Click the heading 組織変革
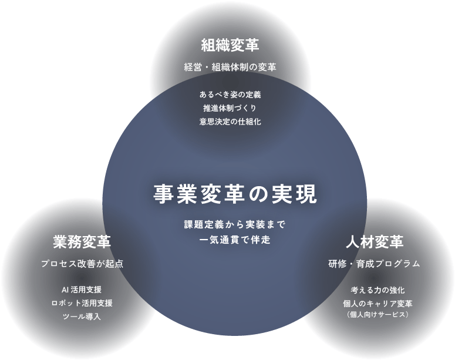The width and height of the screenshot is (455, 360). tap(230, 46)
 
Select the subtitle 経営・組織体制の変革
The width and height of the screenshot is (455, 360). tap(230, 68)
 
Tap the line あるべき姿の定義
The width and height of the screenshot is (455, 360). tap(230, 95)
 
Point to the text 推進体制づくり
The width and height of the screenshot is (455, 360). tap(230, 108)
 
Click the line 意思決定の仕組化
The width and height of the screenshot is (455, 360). tap(230, 122)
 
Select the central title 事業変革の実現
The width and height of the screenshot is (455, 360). tap(235, 194)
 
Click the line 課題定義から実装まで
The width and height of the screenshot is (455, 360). tap(235, 224)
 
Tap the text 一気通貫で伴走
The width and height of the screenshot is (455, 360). tap(235, 240)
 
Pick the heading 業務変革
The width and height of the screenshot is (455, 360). tap(82, 242)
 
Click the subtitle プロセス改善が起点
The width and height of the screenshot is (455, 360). tap(82, 264)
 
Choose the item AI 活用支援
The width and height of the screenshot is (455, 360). tap(82, 290)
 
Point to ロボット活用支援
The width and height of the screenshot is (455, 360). tap(82, 303)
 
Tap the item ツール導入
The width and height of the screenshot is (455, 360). tap(82, 317)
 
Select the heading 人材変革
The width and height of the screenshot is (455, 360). tap(375, 242)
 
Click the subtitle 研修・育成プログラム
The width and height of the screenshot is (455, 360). tap(375, 264)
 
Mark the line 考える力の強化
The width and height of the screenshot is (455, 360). tap(378, 290)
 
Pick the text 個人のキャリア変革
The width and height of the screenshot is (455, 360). tap(378, 304)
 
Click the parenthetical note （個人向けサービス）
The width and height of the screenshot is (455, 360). tap(378, 314)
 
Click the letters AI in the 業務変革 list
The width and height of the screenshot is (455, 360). tap(65, 290)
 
